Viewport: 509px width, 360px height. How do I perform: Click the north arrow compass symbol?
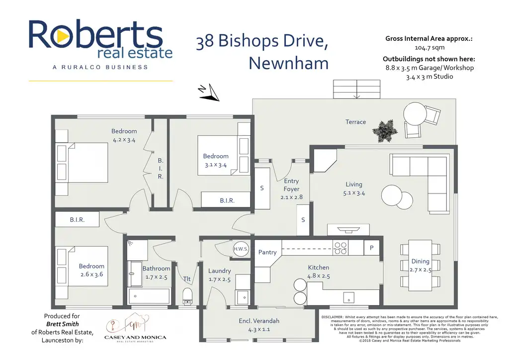(x=210, y=92)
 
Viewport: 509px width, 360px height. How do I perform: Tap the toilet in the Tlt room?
(x=187, y=294)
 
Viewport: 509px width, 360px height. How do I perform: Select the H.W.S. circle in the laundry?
(x=241, y=249)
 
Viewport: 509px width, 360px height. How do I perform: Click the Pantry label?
(x=267, y=253)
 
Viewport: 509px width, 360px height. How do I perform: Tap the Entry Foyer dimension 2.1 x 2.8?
(x=291, y=197)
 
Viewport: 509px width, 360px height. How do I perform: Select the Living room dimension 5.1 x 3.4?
(x=353, y=193)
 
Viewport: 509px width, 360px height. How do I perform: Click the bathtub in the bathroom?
(x=149, y=297)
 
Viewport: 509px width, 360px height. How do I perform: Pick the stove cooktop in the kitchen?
(x=340, y=245)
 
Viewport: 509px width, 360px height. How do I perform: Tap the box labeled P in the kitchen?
(x=371, y=247)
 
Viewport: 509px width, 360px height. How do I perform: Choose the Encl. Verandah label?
(x=259, y=321)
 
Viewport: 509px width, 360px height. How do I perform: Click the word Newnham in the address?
(x=288, y=63)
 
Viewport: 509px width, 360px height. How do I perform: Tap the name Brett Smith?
(x=61, y=324)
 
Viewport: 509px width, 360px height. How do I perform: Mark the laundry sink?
(x=242, y=297)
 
